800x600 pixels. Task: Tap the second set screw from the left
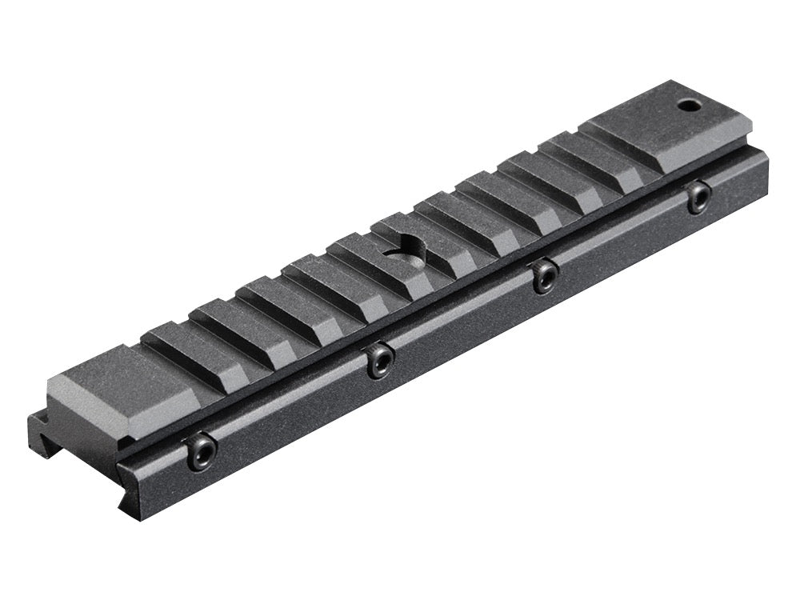379,362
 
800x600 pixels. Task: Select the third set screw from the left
546,275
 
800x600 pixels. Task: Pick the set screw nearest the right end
698,196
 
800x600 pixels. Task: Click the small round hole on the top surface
686,105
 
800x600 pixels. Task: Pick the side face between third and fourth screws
624,243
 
